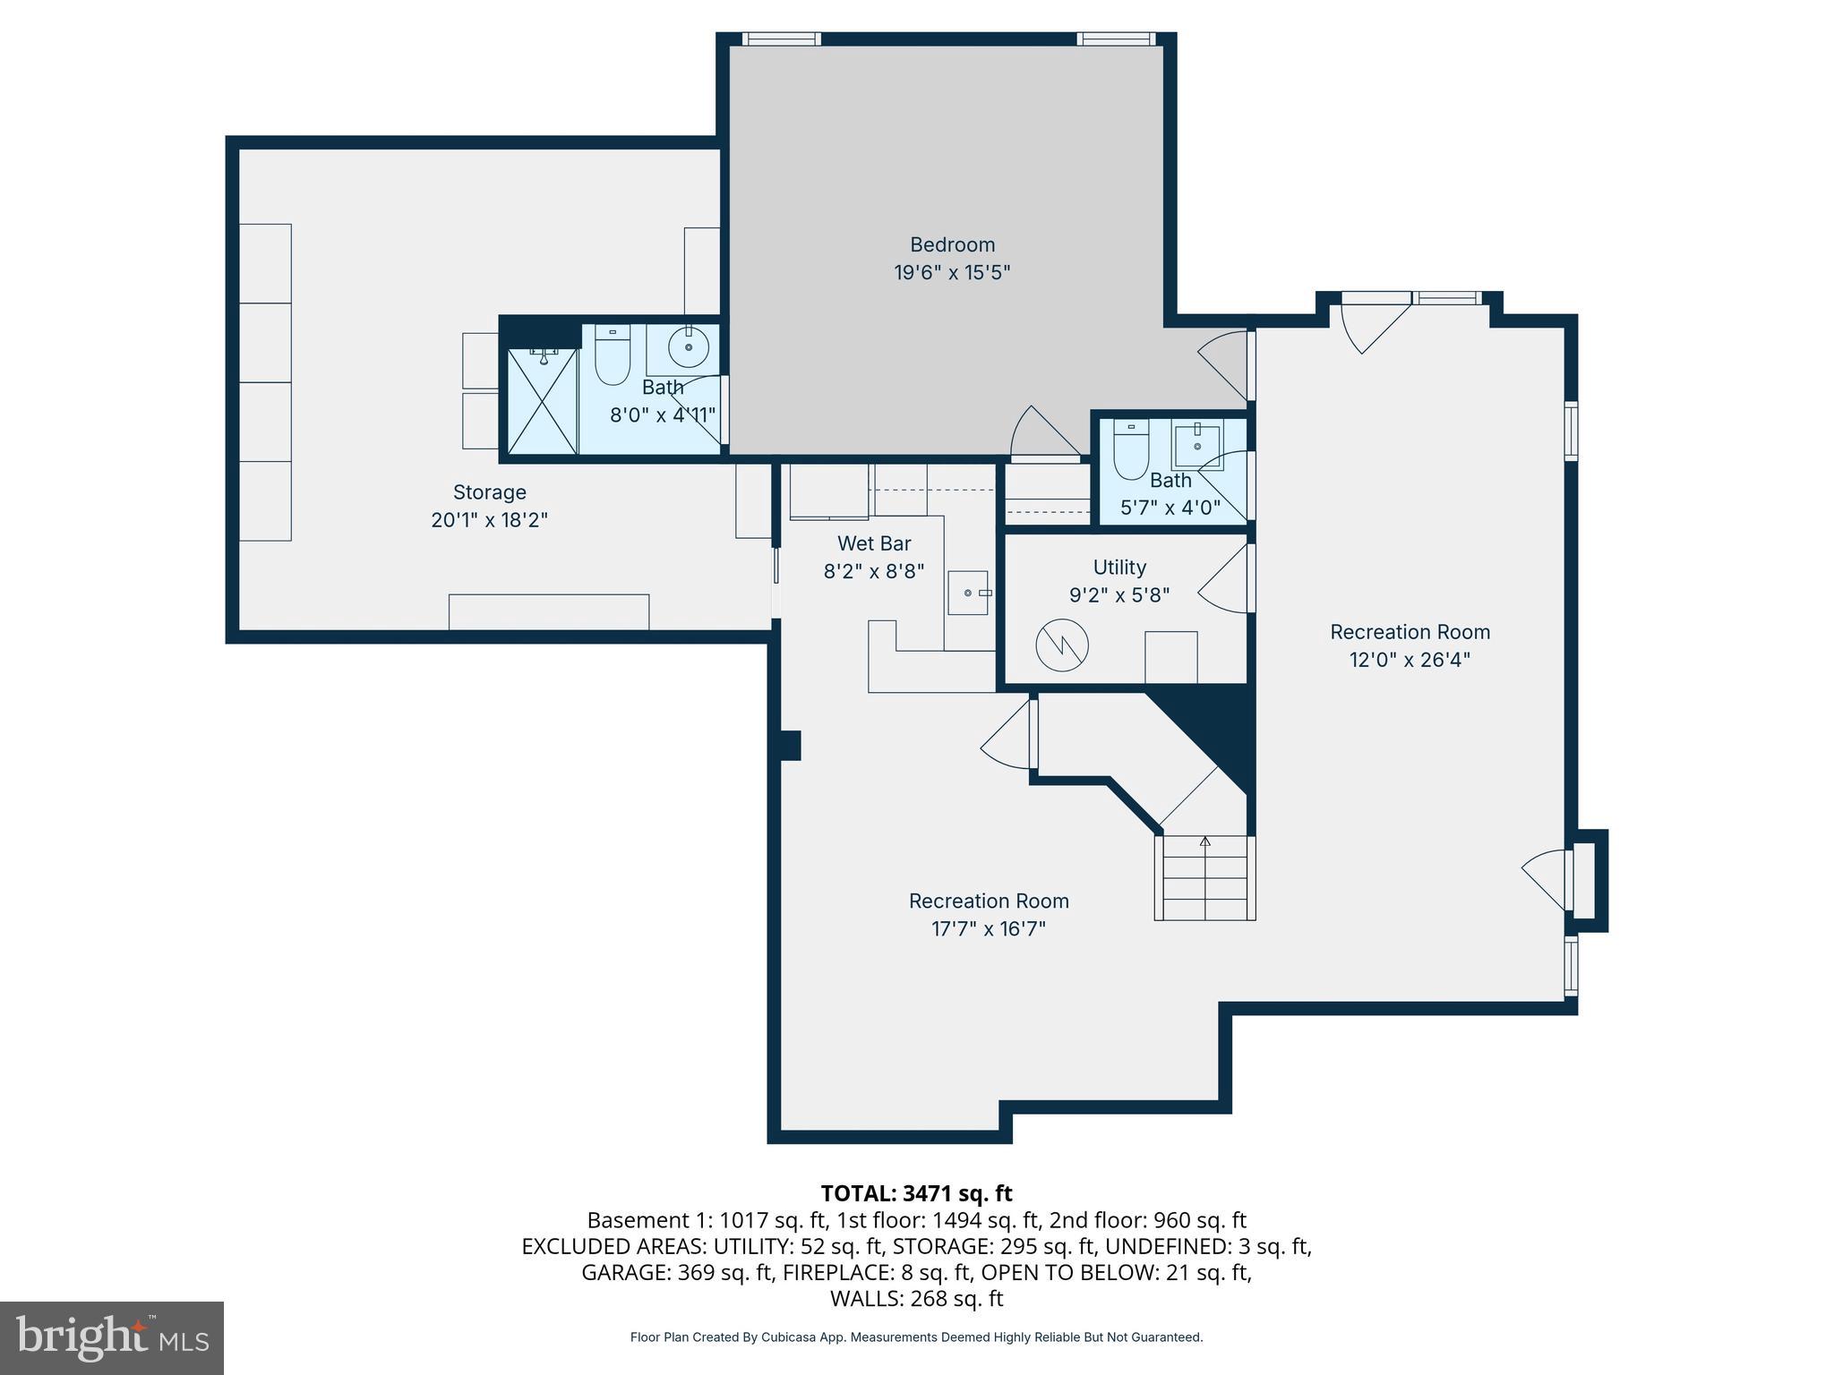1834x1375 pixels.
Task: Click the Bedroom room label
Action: (952, 244)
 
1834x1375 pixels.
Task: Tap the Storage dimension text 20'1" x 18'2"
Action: (489, 520)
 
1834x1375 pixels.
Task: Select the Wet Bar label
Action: (874, 543)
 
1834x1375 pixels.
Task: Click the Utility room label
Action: (1119, 568)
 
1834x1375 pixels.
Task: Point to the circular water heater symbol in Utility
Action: (1062, 645)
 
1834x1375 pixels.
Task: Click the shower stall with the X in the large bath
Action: (543, 401)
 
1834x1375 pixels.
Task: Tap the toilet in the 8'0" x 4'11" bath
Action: (613, 355)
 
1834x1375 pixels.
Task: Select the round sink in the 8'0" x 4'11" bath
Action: (689, 347)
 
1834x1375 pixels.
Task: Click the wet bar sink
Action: (969, 593)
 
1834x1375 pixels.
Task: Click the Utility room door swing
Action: (1226, 579)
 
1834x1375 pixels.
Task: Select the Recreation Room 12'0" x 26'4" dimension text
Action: (1410, 661)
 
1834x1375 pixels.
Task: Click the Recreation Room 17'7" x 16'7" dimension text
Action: (989, 929)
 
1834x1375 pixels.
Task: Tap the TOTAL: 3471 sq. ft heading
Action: (916, 1193)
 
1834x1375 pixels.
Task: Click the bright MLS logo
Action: (112, 1337)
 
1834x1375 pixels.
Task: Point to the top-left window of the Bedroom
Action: (782, 39)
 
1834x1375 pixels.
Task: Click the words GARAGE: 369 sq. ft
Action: (677, 1272)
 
